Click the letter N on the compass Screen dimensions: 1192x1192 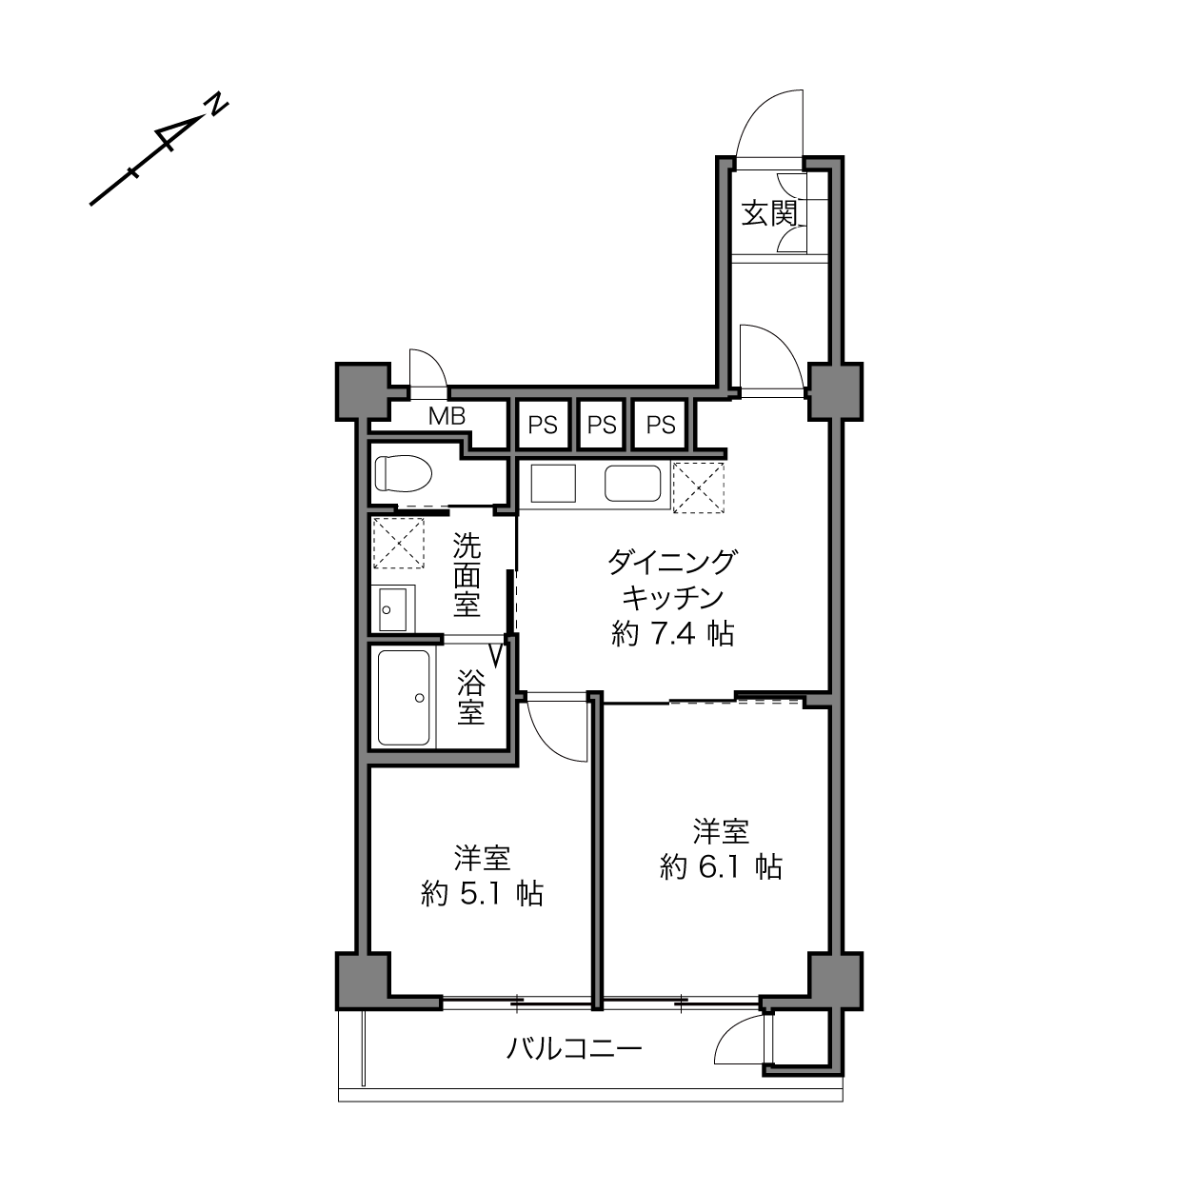pos(216,105)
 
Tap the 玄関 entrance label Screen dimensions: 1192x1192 pos(768,213)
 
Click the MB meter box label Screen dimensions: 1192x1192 pos(447,416)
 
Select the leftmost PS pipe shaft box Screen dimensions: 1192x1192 pos(543,425)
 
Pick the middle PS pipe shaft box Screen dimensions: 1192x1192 pos(602,425)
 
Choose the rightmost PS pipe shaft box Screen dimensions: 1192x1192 pos(661,425)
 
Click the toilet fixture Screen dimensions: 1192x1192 pos(404,474)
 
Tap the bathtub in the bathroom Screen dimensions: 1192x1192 pos(404,698)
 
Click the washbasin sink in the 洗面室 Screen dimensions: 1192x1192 pos(393,609)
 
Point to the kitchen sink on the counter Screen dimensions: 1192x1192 pos(633,484)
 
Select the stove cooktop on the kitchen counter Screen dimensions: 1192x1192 pos(553,484)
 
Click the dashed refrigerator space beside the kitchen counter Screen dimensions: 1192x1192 pos(699,487)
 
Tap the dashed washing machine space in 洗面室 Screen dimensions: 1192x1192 pos(399,543)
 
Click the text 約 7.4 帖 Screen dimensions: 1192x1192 pos(673,634)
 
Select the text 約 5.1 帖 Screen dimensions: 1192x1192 pos(483,894)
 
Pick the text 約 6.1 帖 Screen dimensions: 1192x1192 pos(722,866)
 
